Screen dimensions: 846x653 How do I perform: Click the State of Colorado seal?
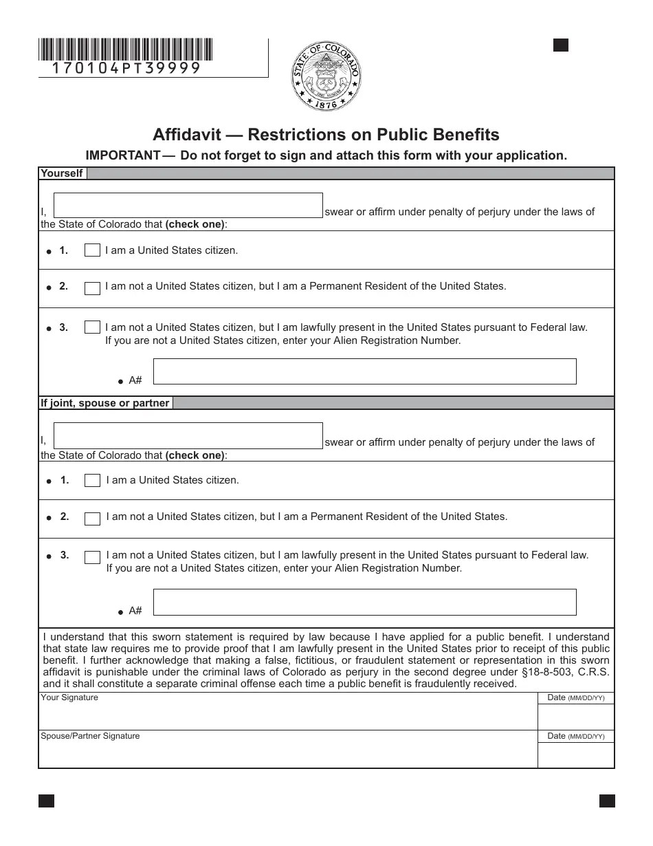click(x=326, y=76)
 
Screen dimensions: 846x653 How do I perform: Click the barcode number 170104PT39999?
click(x=126, y=68)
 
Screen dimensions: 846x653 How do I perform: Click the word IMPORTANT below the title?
click(x=122, y=155)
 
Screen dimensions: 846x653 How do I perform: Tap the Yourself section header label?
click(x=62, y=173)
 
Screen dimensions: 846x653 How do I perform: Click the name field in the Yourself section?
click(x=188, y=206)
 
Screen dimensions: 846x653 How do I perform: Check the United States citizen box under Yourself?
click(x=92, y=250)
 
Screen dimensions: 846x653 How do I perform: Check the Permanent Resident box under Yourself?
click(x=92, y=288)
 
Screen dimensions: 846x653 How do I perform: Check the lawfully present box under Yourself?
click(x=92, y=327)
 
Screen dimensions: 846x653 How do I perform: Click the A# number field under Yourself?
click(x=364, y=371)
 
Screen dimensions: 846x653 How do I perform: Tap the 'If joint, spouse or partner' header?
click(x=104, y=403)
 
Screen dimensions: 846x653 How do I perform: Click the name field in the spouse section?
click(x=188, y=436)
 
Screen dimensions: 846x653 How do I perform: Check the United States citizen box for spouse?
click(x=92, y=481)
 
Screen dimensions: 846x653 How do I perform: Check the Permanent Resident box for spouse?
click(x=92, y=518)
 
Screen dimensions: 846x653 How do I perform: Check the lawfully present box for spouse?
click(x=92, y=556)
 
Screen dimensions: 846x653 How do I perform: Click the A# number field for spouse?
click(x=364, y=602)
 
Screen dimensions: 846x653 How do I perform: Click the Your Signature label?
click(x=69, y=697)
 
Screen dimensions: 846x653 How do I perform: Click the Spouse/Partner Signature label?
click(x=90, y=736)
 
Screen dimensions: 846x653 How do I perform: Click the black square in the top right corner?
click(x=561, y=45)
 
